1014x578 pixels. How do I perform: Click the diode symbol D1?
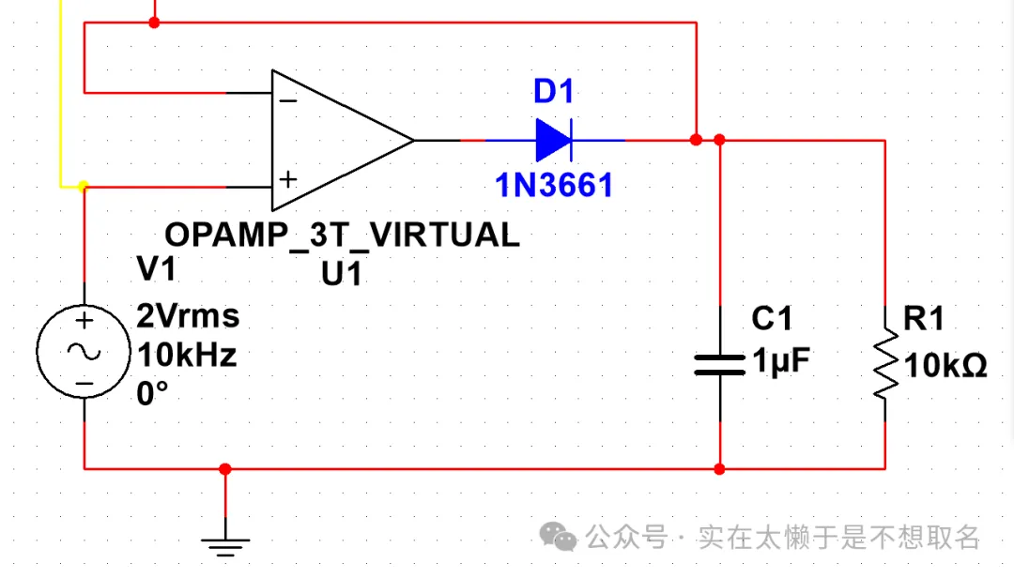tap(553, 141)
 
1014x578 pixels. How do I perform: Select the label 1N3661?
tap(554, 185)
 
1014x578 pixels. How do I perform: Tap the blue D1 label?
tap(553, 92)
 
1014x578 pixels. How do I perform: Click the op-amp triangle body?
tap(338, 141)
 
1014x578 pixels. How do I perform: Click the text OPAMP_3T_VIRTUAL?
tap(342, 235)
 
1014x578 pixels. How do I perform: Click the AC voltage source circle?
tap(84, 352)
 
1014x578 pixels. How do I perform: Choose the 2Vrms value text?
tap(188, 316)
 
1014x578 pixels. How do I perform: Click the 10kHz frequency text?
tap(187, 356)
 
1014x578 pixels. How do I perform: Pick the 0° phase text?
tap(152, 394)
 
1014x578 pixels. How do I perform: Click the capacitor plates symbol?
tap(719, 364)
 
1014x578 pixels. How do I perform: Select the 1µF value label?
tap(780, 361)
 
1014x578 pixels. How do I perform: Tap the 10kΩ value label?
tap(945, 366)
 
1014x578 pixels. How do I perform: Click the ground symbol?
tap(225, 541)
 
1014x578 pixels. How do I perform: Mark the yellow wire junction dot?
tap(84, 187)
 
